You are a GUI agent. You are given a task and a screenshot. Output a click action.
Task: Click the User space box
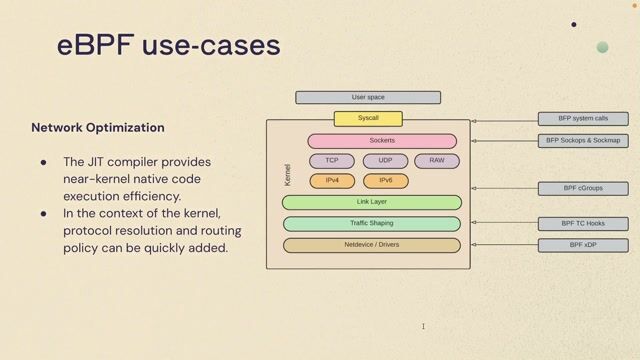click(x=368, y=98)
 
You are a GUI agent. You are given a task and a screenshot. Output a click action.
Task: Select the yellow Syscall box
click(x=367, y=119)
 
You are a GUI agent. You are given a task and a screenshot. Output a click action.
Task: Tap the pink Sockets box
click(x=382, y=141)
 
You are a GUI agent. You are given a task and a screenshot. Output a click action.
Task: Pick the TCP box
click(x=332, y=161)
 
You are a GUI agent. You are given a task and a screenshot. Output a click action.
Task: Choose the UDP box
click(x=385, y=161)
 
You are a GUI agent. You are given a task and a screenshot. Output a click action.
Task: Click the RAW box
click(x=437, y=161)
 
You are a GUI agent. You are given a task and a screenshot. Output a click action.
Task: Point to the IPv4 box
click(x=332, y=181)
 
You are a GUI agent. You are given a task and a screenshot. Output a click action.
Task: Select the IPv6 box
click(x=385, y=181)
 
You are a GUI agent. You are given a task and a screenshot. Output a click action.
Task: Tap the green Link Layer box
click(x=372, y=202)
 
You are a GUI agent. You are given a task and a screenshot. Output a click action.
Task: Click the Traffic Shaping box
click(x=372, y=223)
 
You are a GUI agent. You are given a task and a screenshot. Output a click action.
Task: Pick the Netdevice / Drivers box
click(x=372, y=244)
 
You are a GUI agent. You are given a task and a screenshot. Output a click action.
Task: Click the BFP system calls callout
click(x=583, y=119)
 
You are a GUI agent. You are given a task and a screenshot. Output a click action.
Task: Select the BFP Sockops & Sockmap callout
click(x=583, y=141)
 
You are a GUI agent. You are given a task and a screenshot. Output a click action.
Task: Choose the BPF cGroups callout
click(x=583, y=188)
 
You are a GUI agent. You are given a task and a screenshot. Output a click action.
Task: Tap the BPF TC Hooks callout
click(x=583, y=223)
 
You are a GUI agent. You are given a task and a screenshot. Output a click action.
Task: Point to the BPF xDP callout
click(x=583, y=245)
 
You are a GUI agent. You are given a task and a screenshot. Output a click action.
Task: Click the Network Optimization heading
click(x=98, y=128)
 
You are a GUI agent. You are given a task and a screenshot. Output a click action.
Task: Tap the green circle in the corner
click(x=602, y=47)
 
